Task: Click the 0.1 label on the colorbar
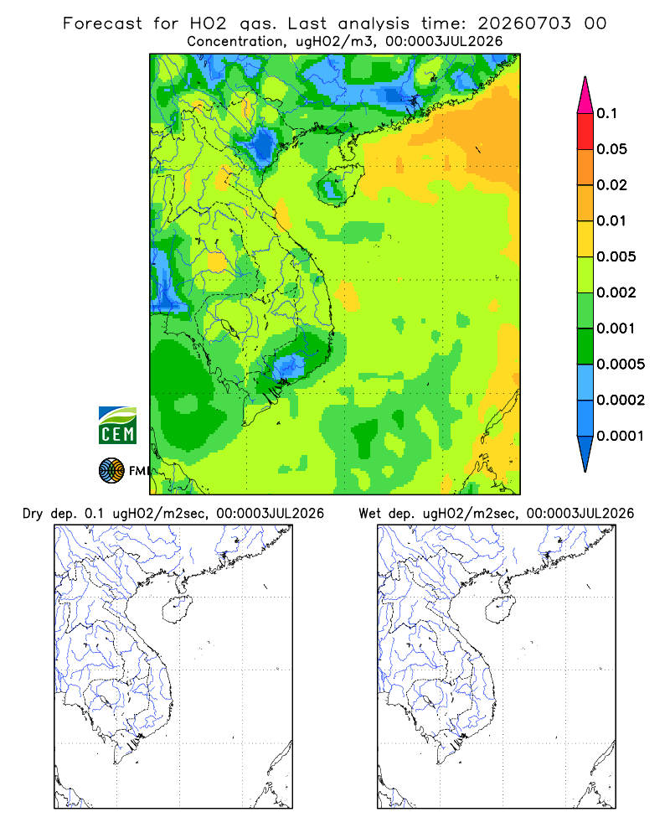(x=606, y=113)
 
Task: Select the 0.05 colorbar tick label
(x=611, y=149)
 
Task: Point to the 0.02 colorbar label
(x=611, y=185)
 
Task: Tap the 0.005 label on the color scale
(x=616, y=256)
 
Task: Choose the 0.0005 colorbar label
(x=621, y=364)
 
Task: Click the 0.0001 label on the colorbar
(x=621, y=436)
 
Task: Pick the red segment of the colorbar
(x=585, y=132)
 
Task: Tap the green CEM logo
(x=117, y=426)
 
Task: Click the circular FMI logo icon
(x=111, y=471)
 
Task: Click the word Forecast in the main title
(x=102, y=23)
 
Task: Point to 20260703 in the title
(x=524, y=23)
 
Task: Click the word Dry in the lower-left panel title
(x=33, y=515)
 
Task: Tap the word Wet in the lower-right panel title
(x=369, y=514)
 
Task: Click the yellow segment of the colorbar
(x=585, y=239)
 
